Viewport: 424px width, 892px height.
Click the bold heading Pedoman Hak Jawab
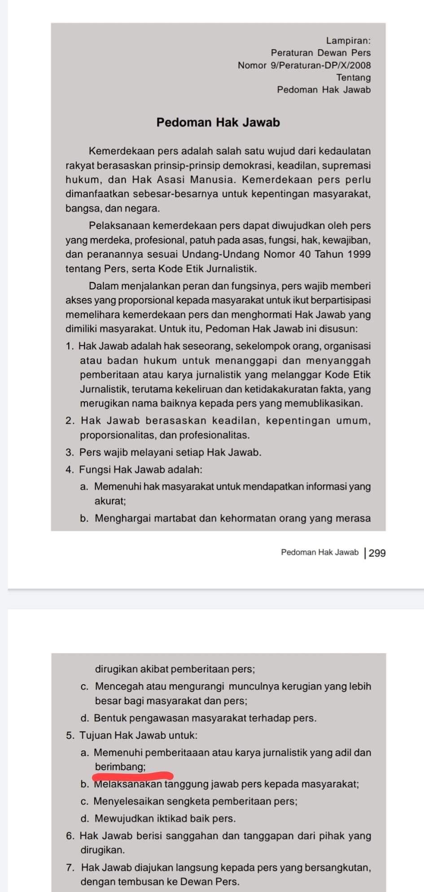(x=218, y=122)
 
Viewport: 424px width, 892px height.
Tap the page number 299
(x=377, y=553)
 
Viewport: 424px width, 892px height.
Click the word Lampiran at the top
(x=348, y=41)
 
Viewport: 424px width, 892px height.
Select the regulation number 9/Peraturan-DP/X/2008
(x=321, y=65)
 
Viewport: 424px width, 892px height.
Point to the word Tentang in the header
(x=354, y=78)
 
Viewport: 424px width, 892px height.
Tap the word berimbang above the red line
(x=120, y=767)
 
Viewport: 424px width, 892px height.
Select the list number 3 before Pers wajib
(x=69, y=452)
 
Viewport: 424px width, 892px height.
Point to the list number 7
(x=70, y=867)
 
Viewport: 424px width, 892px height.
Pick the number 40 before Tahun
(x=304, y=254)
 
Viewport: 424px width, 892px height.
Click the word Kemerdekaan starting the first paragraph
(x=118, y=151)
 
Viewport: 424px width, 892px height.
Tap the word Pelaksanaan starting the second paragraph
(x=116, y=225)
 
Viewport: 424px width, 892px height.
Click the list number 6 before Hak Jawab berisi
(x=70, y=836)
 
